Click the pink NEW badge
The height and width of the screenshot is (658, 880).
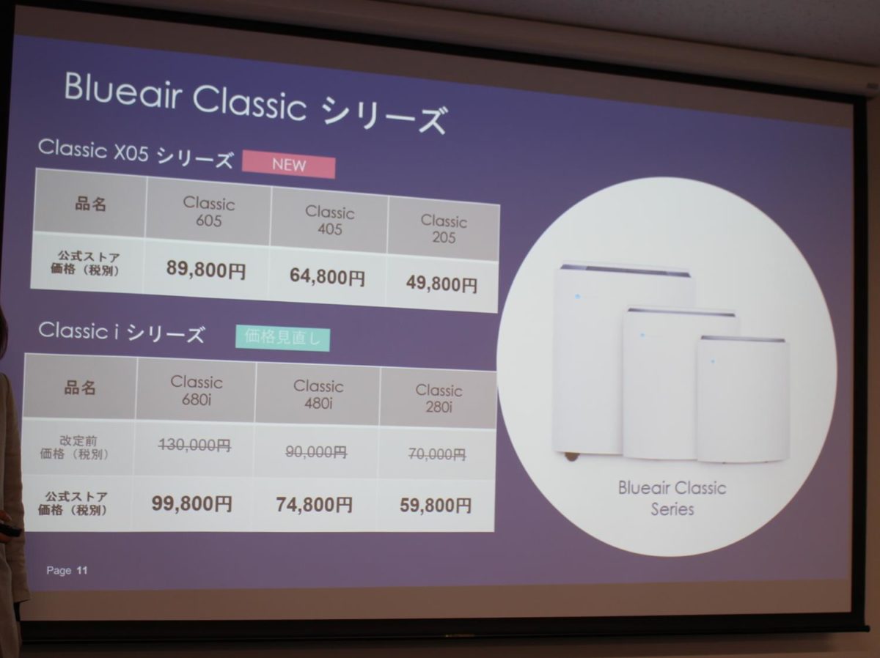click(289, 165)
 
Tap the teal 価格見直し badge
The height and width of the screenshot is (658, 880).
click(282, 338)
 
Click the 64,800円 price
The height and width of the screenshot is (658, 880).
click(327, 276)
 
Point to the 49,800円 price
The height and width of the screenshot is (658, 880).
click(441, 284)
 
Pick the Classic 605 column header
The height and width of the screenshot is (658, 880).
click(209, 212)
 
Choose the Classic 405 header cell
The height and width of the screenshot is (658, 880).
click(329, 221)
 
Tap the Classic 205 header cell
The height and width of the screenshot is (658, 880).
click(444, 229)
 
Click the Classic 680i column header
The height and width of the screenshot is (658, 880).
click(197, 391)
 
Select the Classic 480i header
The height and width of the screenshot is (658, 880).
click(318, 394)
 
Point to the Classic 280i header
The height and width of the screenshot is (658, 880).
click(439, 399)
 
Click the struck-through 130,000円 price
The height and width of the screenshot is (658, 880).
click(195, 445)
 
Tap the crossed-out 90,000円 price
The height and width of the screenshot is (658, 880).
click(316, 452)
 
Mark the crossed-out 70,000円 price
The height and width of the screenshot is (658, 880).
click(437, 454)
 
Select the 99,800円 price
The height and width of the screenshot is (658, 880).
click(192, 503)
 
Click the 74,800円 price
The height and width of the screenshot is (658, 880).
click(315, 504)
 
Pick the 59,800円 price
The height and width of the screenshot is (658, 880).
click(436, 505)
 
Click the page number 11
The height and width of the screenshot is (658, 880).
click(82, 570)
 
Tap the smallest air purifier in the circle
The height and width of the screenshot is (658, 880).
click(742, 399)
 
